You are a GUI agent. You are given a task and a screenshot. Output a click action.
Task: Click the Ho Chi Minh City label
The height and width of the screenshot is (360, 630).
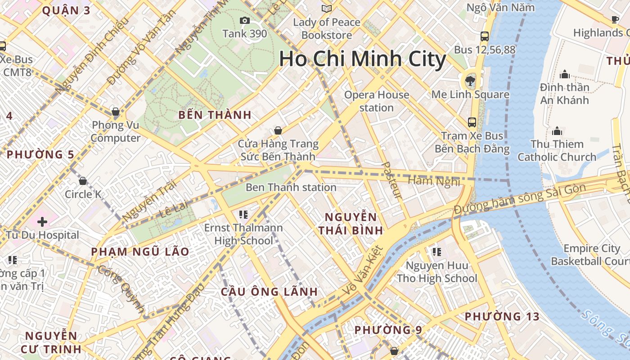[362, 59]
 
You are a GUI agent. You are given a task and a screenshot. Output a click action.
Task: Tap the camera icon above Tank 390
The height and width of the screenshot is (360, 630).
[245, 20]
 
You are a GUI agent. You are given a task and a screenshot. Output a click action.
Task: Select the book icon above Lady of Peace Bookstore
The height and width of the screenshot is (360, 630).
[327, 9]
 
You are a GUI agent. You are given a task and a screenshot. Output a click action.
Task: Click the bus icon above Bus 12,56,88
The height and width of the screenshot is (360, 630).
[485, 36]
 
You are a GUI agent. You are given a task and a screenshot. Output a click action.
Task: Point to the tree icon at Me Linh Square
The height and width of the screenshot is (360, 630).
[470, 81]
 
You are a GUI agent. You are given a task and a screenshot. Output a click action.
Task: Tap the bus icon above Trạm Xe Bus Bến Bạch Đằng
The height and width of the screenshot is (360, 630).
[472, 122]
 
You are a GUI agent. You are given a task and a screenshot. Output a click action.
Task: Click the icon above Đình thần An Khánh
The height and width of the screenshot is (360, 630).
[564, 74]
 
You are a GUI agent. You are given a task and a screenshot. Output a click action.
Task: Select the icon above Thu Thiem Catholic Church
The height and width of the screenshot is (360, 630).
[557, 131]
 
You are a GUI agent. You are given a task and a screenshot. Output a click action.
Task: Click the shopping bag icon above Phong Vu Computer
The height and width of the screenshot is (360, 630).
[116, 112]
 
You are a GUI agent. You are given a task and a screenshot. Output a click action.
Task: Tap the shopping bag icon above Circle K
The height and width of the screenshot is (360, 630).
[83, 181]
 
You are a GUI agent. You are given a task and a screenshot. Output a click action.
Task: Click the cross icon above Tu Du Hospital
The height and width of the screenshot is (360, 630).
[42, 222]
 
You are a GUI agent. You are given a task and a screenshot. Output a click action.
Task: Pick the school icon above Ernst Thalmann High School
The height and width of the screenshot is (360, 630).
[243, 215]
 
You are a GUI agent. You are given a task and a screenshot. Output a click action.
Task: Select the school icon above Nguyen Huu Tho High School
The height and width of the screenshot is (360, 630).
[436, 252]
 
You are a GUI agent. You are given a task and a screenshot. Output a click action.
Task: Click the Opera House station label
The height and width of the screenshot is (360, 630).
[377, 101]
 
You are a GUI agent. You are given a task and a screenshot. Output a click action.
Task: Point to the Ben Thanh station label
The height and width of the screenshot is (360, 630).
[291, 187]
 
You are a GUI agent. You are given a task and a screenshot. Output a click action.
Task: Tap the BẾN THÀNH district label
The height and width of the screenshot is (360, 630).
[215, 115]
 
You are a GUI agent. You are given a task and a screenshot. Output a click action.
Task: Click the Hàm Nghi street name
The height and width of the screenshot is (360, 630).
[434, 181]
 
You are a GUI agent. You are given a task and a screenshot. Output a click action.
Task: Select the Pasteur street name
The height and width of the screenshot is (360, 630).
[391, 180]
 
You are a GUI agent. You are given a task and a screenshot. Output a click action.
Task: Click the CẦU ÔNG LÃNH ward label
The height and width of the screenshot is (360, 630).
[269, 292]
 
